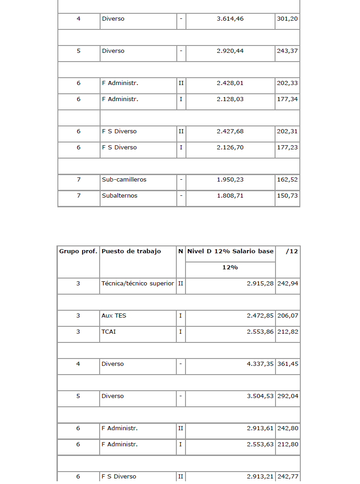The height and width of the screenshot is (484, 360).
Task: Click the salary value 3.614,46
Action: coord(230,19)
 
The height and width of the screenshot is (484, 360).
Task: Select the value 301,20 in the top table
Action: coord(287,19)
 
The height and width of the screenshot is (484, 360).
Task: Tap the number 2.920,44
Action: coord(230,51)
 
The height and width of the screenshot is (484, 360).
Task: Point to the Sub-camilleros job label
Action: coord(124,180)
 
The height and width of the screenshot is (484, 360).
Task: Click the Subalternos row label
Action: coord(119,196)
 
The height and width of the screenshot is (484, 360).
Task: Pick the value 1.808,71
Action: coord(230,196)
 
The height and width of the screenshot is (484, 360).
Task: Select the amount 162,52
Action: coord(287,180)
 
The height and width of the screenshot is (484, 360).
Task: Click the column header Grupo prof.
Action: coord(78,251)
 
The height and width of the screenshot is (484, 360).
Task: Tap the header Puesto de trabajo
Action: coord(131,251)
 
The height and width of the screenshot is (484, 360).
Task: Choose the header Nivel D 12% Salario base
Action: coord(230,251)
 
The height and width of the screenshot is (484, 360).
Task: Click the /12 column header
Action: coord(292,251)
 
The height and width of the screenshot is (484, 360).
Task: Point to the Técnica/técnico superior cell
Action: coord(138,284)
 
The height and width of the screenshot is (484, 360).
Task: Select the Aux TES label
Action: coord(114,316)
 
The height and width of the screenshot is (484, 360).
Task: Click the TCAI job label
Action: coord(109,332)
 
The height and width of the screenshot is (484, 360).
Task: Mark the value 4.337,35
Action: coord(260,364)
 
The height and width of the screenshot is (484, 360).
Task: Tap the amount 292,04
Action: coord(287,396)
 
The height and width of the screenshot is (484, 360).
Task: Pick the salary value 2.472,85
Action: coord(260,316)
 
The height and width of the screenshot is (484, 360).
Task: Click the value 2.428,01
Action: coord(230,83)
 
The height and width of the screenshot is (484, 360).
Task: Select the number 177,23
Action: coord(287,148)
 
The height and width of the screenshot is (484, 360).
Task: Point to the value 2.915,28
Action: coord(260,284)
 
